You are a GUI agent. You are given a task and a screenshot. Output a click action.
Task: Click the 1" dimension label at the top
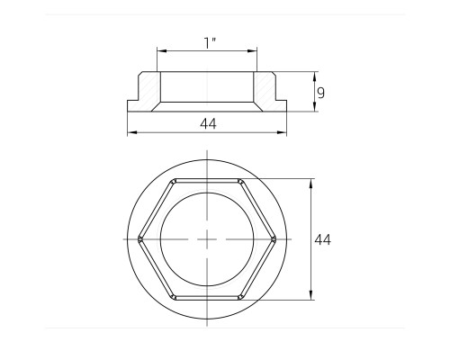pos(210,43)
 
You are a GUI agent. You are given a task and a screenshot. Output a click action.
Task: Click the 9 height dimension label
pos(321,93)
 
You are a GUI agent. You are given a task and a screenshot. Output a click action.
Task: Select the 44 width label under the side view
pos(208,123)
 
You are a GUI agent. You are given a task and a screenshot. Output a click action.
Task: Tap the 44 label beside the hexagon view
pos(323,239)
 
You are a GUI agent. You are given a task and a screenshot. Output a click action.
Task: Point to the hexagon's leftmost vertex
pos(139,239)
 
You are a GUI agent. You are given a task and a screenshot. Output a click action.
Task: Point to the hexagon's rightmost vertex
pos(274,239)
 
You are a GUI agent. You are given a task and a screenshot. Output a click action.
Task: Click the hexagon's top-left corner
pos(174,181)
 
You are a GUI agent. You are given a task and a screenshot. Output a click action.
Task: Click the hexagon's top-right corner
pos(239,181)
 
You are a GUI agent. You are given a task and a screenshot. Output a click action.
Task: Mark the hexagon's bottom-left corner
pos(174,298)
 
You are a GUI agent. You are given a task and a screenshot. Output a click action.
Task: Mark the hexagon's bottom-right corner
pos(239,298)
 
